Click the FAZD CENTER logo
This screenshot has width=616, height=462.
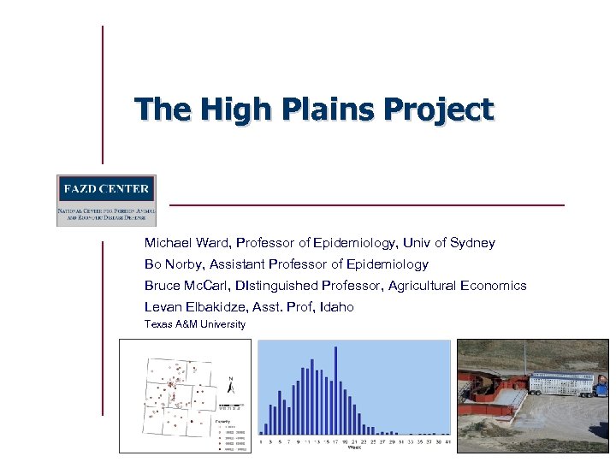(x=106, y=199)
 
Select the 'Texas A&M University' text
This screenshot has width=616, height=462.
(x=195, y=325)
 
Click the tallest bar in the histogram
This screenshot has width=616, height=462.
(x=335, y=390)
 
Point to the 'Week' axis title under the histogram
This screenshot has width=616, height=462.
(x=354, y=447)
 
